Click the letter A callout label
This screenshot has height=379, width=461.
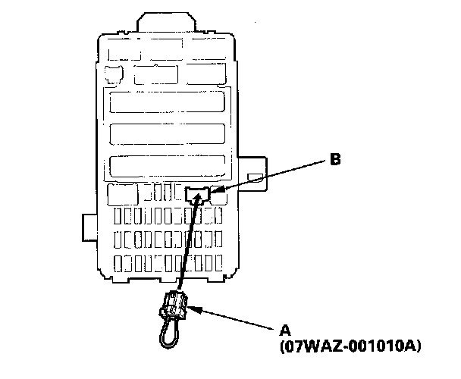286,330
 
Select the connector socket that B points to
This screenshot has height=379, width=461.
198,195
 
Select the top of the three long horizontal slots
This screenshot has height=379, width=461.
168,103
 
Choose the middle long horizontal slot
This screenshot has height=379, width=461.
168,134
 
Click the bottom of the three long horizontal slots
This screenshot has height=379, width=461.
168,166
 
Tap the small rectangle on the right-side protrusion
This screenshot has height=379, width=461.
256,178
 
